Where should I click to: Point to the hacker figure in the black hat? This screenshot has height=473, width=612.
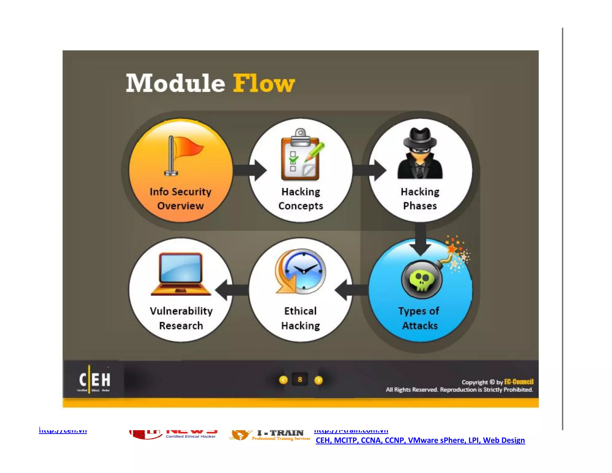[420, 154]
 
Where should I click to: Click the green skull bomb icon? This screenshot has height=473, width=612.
[422, 280]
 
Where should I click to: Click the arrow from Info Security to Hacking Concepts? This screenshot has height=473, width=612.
[250, 170]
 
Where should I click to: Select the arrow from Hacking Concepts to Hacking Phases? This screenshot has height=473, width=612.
[369, 170]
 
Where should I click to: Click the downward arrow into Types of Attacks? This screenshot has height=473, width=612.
[420, 239]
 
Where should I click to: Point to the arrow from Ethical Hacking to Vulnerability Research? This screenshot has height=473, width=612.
[232, 290]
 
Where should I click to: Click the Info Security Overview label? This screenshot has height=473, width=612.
[180, 199]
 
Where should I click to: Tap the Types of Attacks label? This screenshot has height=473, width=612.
[419, 318]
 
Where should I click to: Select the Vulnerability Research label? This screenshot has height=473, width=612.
[181, 318]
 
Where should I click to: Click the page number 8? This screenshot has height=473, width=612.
[300, 380]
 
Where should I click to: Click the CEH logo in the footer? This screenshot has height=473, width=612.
[94, 380]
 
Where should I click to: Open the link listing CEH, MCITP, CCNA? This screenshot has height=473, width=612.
[420, 440]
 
